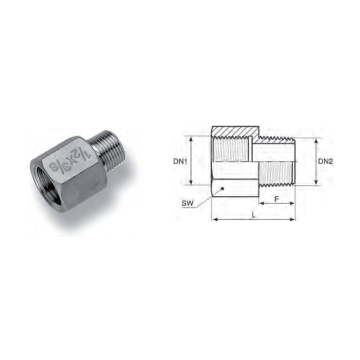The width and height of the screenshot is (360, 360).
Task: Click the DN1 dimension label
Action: tap(179, 161)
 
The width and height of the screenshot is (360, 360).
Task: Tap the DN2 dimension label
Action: tap(325, 162)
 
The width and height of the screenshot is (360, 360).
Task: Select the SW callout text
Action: tap(187, 203)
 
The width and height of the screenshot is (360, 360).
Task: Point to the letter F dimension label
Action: tap(276, 199)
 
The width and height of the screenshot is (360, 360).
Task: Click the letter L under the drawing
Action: tap(254, 215)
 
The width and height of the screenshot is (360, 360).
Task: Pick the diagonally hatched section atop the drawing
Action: tap(235, 131)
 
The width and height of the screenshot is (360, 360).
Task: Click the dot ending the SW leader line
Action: tap(222, 188)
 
